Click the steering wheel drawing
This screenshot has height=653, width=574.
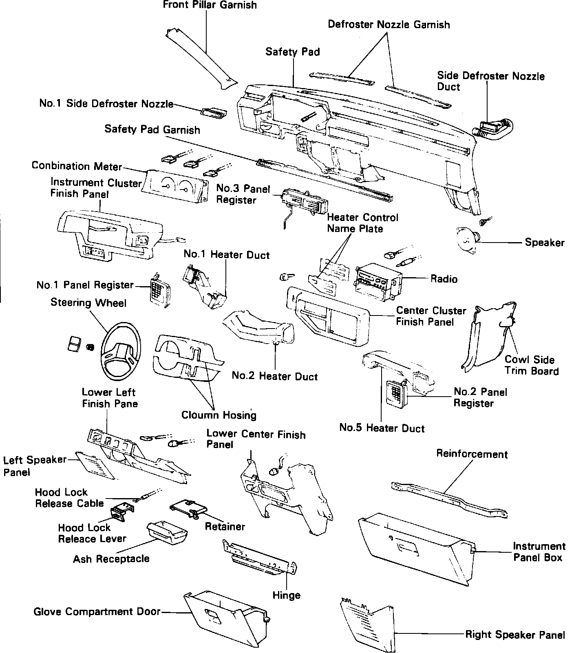click(121, 350)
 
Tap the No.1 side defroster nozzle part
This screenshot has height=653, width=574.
click(213, 113)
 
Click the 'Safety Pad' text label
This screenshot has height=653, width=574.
click(292, 52)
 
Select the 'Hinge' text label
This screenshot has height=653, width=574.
click(286, 595)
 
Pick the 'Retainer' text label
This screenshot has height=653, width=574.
click(225, 527)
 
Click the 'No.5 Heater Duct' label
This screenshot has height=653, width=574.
click(382, 428)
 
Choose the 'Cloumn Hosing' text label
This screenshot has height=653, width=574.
click(219, 415)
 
